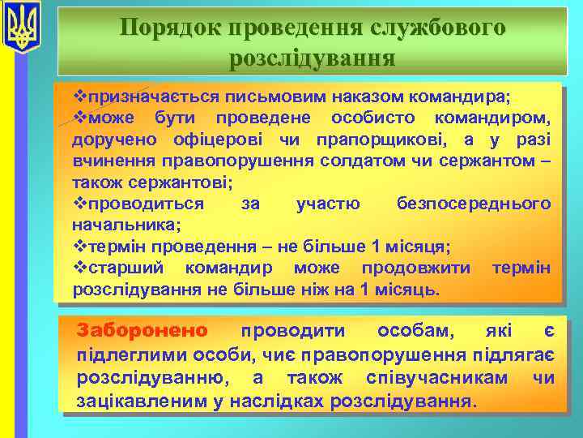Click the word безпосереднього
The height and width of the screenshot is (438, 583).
click(474, 203)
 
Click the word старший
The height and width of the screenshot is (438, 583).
click(126, 267)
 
